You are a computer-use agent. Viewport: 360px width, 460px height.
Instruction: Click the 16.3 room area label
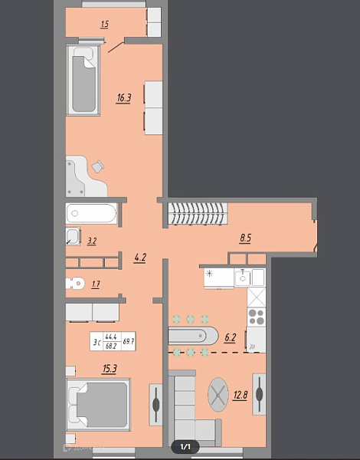click(123, 97)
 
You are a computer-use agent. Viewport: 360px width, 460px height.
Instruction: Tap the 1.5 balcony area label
click(104, 25)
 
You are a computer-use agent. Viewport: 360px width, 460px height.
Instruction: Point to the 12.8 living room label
click(240, 396)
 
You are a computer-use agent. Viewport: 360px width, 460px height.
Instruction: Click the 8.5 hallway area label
click(245, 238)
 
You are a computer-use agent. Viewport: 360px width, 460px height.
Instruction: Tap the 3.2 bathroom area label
click(92, 241)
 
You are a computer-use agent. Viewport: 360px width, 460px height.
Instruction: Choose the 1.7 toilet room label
click(95, 284)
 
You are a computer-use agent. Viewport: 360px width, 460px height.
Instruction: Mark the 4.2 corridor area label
click(140, 258)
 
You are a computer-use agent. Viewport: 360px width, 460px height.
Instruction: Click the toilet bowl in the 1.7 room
click(74, 282)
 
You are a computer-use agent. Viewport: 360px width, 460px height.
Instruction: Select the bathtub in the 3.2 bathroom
click(91, 215)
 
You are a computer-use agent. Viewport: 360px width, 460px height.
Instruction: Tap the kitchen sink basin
click(244, 278)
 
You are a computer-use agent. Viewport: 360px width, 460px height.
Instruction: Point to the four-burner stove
click(256, 317)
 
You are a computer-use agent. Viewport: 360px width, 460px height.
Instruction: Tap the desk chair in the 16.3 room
click(98, 166)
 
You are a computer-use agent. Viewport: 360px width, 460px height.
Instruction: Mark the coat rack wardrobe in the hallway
click(198, 213)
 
